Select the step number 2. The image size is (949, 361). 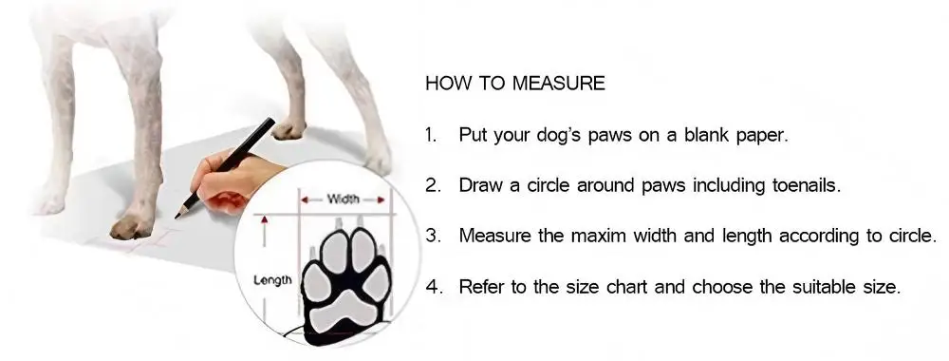pos(433,184)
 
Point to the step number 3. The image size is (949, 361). pos(433,235)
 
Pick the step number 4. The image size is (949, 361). pos(433,285)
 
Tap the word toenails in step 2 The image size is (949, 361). pos(807,185)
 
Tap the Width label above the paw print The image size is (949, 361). pos(343,199)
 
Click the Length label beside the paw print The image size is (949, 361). pos(272,281)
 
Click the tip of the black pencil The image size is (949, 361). pos(177,217)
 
